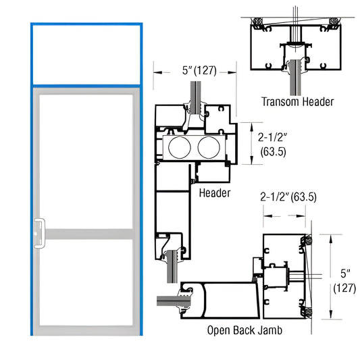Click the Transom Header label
(297, 102)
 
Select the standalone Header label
(215, 193)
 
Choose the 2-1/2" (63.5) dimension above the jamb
(288, 197)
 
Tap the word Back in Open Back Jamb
(247, 331)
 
